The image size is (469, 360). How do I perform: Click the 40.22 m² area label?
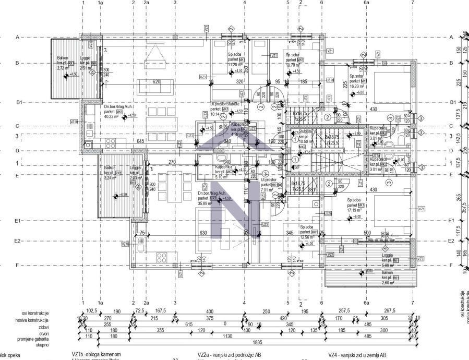coord(112,117)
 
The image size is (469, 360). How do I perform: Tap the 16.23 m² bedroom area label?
coord(357,88)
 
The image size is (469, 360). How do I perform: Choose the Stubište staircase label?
coord(306,132)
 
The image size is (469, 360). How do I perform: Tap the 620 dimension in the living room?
coord(156,82)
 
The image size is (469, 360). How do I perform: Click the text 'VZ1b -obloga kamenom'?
coord(100,354)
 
